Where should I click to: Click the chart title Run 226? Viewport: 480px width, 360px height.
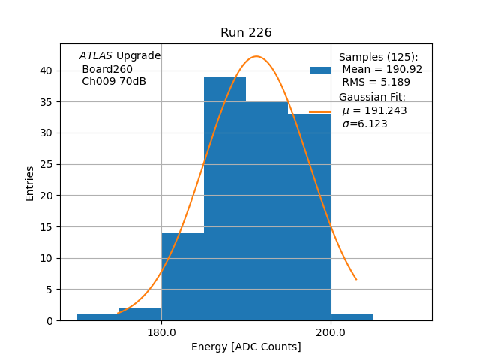pyautogui.click(x=246, y=33)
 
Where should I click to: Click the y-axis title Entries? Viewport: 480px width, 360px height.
pyautogui.click(x=30, y=183)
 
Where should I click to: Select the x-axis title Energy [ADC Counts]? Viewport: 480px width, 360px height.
pyautogui.click(x=246, y=346)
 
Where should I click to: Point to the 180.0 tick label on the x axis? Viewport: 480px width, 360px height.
pyautogui.click(x=161, y=332)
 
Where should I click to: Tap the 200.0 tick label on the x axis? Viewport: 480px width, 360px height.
pyautogui.click(x=331, y=332)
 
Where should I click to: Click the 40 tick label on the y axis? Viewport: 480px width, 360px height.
pyautogui.click(x=46, y=70)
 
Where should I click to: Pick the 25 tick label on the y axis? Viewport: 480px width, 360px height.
pyautogui.click(x=46, y=164)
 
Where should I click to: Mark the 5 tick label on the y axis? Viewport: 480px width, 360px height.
pyautogui.click(x=49, y=289)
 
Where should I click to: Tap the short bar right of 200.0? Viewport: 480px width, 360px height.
pyautogui.click(x=352, y=317)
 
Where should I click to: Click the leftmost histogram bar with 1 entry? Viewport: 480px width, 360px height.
pyautogui.click(x=97, y=317)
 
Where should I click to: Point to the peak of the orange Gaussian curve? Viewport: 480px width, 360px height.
pyautogui.click(x=256, y=56)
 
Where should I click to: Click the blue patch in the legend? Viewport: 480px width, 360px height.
pyautogui.click(x=320, y=70)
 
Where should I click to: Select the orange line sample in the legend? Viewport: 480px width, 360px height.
pyautogui.click(x=320, y=111)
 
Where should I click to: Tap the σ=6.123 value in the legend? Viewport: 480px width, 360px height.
pyautogui.click(x=364, y=124)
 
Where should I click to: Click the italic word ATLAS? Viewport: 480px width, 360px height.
pyautogui.click(x=96, y=56)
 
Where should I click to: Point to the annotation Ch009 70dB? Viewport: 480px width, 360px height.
pyautogui.click(x=114, y=82)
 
